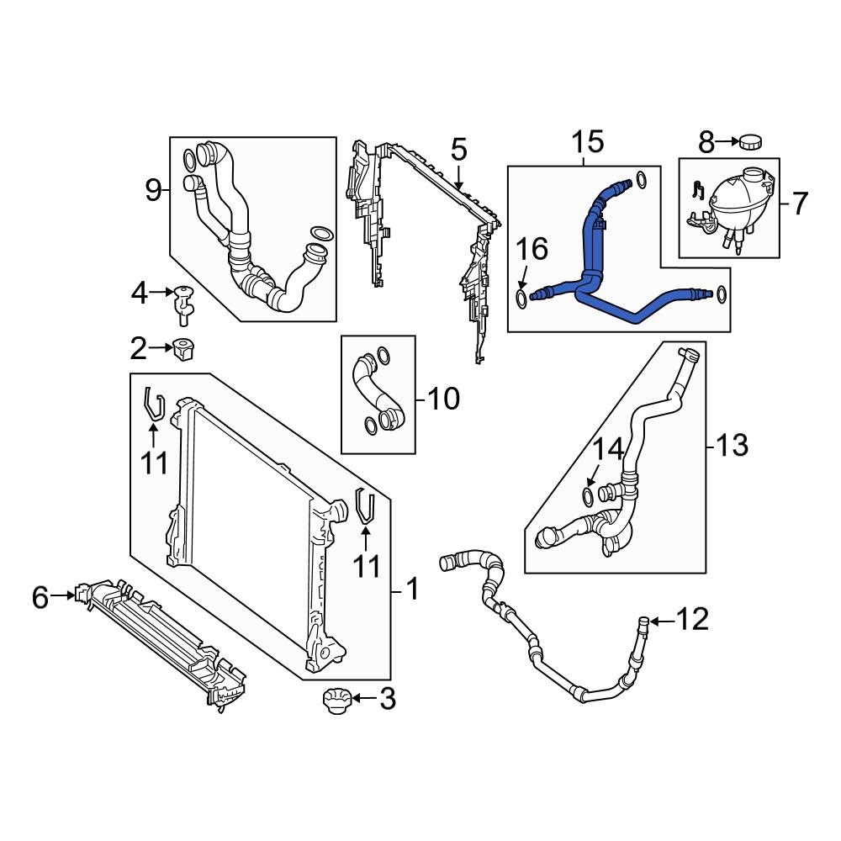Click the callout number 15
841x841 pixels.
588,142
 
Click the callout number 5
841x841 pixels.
458,151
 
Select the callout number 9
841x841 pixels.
152,190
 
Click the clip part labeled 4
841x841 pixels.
184,304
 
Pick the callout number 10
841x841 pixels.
443,399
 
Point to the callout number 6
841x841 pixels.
40,597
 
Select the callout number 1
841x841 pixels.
411,590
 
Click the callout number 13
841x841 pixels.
731,445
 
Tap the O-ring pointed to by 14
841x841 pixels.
589,492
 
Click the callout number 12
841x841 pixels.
693,621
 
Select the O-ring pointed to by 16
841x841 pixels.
521,298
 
